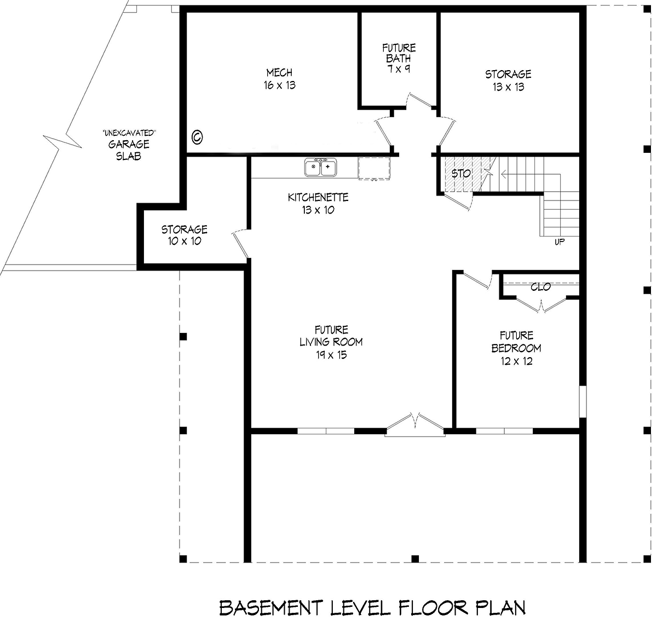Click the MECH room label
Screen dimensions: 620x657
(x=279, y=73)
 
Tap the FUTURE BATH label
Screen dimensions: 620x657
(x=399, y=53)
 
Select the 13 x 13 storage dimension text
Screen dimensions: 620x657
(x=508, y=87)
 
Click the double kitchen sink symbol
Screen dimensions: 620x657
(x=321, y=167)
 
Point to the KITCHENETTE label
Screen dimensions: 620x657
(x=318, y=198)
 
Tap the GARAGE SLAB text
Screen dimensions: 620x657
(x=129, y=150)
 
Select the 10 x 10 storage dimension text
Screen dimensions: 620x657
(x=184, y=242)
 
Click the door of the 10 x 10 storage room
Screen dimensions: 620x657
(x=240, y=243)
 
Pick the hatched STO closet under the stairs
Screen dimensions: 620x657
(x=460, y=174)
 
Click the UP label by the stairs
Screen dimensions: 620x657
(x=559, y=242)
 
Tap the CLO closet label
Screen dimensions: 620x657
(x=540, y=287)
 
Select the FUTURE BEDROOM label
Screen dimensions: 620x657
(x=516, y=342)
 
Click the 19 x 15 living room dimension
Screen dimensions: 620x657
(x=331, y=355)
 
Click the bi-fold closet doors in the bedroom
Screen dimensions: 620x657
(x=541, y=303)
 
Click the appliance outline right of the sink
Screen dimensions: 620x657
(x=374, y=168)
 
